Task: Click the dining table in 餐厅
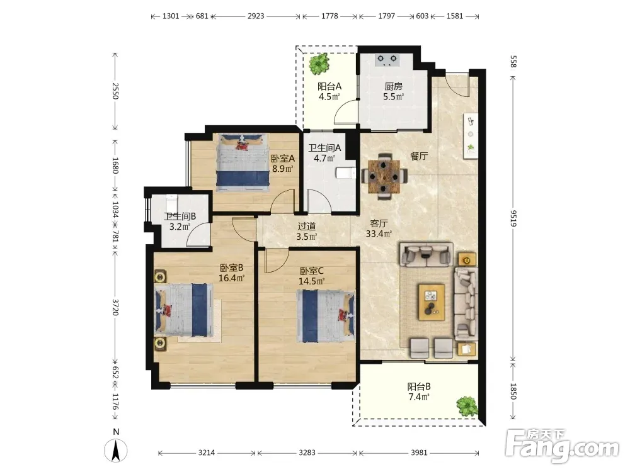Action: click(384, 176)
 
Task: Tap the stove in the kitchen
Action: click(387, 60)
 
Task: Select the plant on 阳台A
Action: click(319, 64)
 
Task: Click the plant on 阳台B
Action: click(467, 406)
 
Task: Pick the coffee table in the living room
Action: click(432, 302)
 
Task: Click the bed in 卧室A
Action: click(243, 162)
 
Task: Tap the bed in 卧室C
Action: click(326, 317)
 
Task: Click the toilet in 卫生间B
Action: click(171, 199)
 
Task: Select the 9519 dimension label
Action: click(513, 218)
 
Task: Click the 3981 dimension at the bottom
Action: click(419, 452)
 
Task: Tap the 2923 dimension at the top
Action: click(256, 16)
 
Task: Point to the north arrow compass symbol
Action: click(116, 450)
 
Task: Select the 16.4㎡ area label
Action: click(232, 278)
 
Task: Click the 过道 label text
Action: click(307, 227)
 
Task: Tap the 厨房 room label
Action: click(393, 86)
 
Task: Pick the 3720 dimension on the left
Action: click(115, 307)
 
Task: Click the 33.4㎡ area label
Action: click(379, 233)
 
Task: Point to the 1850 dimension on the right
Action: click(513, 391)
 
